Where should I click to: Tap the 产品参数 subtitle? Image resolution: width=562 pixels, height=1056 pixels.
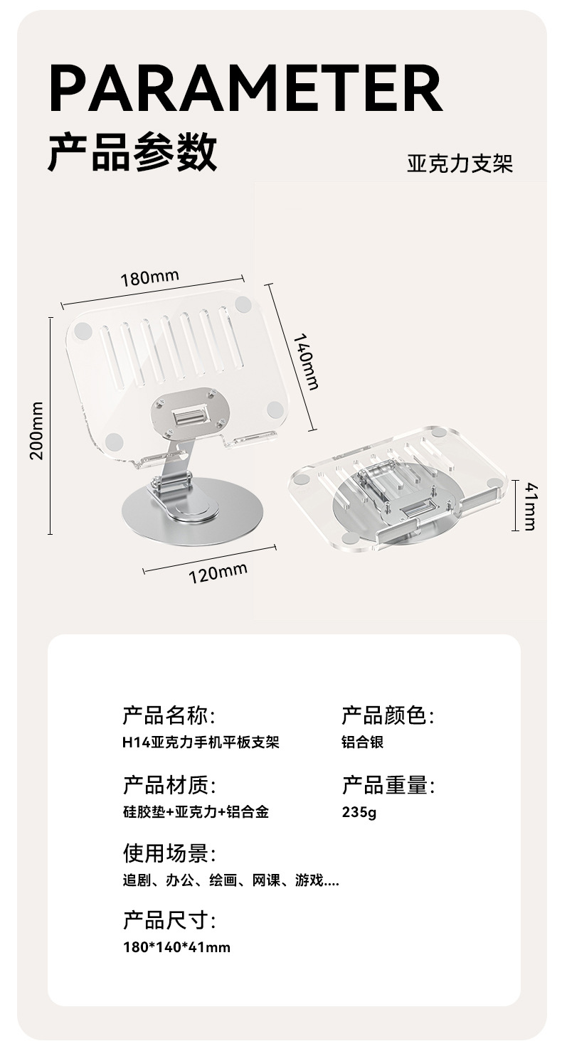coord(132,152)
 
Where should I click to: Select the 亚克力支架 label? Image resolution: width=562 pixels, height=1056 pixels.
coord(460,165)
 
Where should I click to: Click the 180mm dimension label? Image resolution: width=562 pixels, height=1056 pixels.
coord(149,277)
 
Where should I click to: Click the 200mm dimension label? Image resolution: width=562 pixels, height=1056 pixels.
coord(37,431)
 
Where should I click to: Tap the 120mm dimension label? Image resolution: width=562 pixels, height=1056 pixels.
coord(218,572)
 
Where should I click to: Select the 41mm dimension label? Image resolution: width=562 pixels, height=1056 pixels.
coord(530,506)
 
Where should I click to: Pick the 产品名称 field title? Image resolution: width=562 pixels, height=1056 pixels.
coord(169,715)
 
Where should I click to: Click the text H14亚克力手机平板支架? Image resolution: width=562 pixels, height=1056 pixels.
coord(201,742)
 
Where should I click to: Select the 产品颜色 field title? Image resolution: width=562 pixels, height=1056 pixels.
coord(388,715)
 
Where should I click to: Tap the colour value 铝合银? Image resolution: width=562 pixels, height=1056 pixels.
coord(363,742)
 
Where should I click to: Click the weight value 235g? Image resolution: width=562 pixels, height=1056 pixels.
coord(359,812)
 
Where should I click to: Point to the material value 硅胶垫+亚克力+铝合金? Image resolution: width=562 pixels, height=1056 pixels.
coord(196,812)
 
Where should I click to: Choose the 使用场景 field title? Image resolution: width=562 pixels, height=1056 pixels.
coord(169,853)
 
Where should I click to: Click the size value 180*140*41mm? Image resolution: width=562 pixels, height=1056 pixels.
coord(176,947)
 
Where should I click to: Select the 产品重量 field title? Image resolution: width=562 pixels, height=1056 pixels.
coord(388,785)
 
